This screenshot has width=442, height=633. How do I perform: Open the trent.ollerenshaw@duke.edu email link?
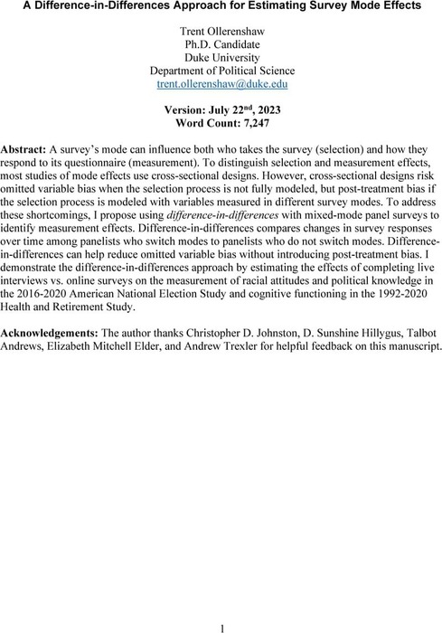click(x=221, y=98)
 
